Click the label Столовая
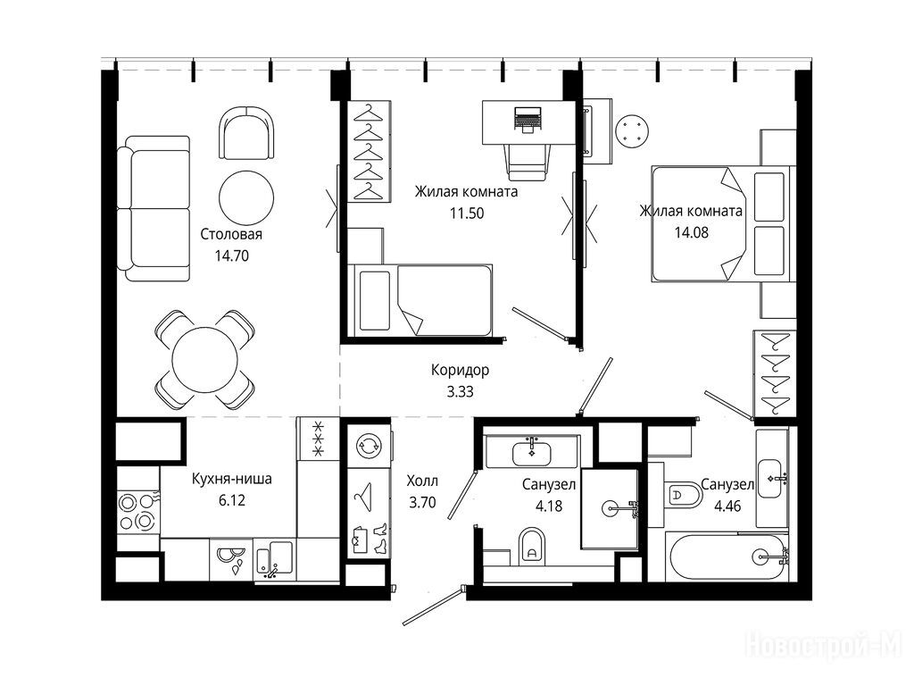(231, 235)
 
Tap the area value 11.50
(466, 213)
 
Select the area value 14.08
(692, 233)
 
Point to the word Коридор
(460, 371)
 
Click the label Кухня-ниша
(232, 480)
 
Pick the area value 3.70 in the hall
(422, 502)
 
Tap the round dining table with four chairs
(204, 359)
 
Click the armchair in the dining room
(246, 132)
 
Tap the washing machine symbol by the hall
(369, 446)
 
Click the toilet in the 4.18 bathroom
(531, 547)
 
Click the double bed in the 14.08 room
(720, 224)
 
